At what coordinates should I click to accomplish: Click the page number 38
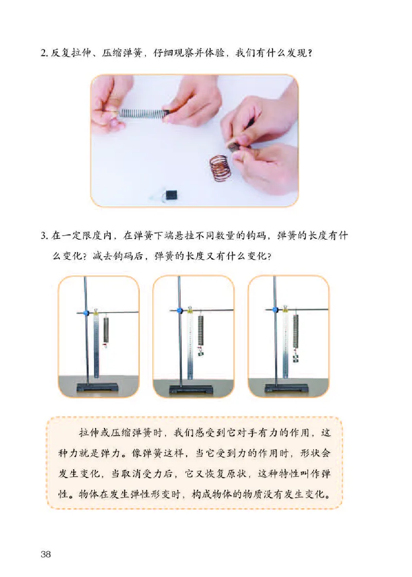click(45, 554)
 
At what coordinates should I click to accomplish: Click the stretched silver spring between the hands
click(142, 112)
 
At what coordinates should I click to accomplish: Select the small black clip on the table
click(170, 195)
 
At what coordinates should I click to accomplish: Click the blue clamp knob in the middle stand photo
click(180, 311)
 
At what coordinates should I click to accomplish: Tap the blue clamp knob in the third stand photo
click(274, 310)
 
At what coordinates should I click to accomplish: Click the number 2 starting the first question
click(44, 53)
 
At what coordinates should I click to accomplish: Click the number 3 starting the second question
click(44, 237)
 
